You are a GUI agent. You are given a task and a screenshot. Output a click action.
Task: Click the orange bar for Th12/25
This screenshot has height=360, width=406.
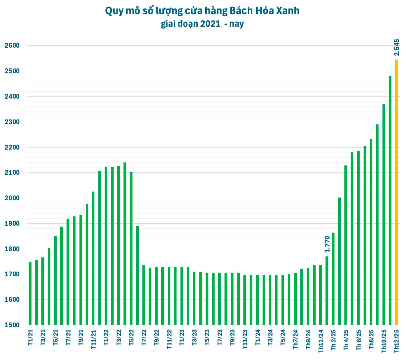point(396,192)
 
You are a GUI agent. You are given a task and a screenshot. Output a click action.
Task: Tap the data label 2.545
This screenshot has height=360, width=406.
point(397,47)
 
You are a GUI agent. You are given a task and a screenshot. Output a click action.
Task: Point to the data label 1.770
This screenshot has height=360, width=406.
point(327,244)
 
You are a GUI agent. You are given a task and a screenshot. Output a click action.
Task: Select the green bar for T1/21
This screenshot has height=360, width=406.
point(30,293)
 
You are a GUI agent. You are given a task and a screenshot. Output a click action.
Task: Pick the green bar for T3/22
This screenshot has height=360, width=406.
point(119,245)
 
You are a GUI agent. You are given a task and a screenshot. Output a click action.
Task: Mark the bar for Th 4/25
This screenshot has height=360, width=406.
point(346,245)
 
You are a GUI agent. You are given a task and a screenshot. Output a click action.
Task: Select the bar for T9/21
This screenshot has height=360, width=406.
point(80,270)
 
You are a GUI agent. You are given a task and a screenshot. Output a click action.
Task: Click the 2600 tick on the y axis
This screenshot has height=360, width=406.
point(12,46)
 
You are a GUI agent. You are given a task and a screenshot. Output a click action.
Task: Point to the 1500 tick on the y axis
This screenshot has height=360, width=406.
point(12,325)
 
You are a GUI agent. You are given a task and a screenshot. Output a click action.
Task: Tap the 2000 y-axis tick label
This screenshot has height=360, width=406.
point(12,198)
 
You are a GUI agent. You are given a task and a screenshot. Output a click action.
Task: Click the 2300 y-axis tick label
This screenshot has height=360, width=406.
point(12,122)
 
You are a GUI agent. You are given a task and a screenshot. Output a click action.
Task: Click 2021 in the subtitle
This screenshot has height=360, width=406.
point(210,24)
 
